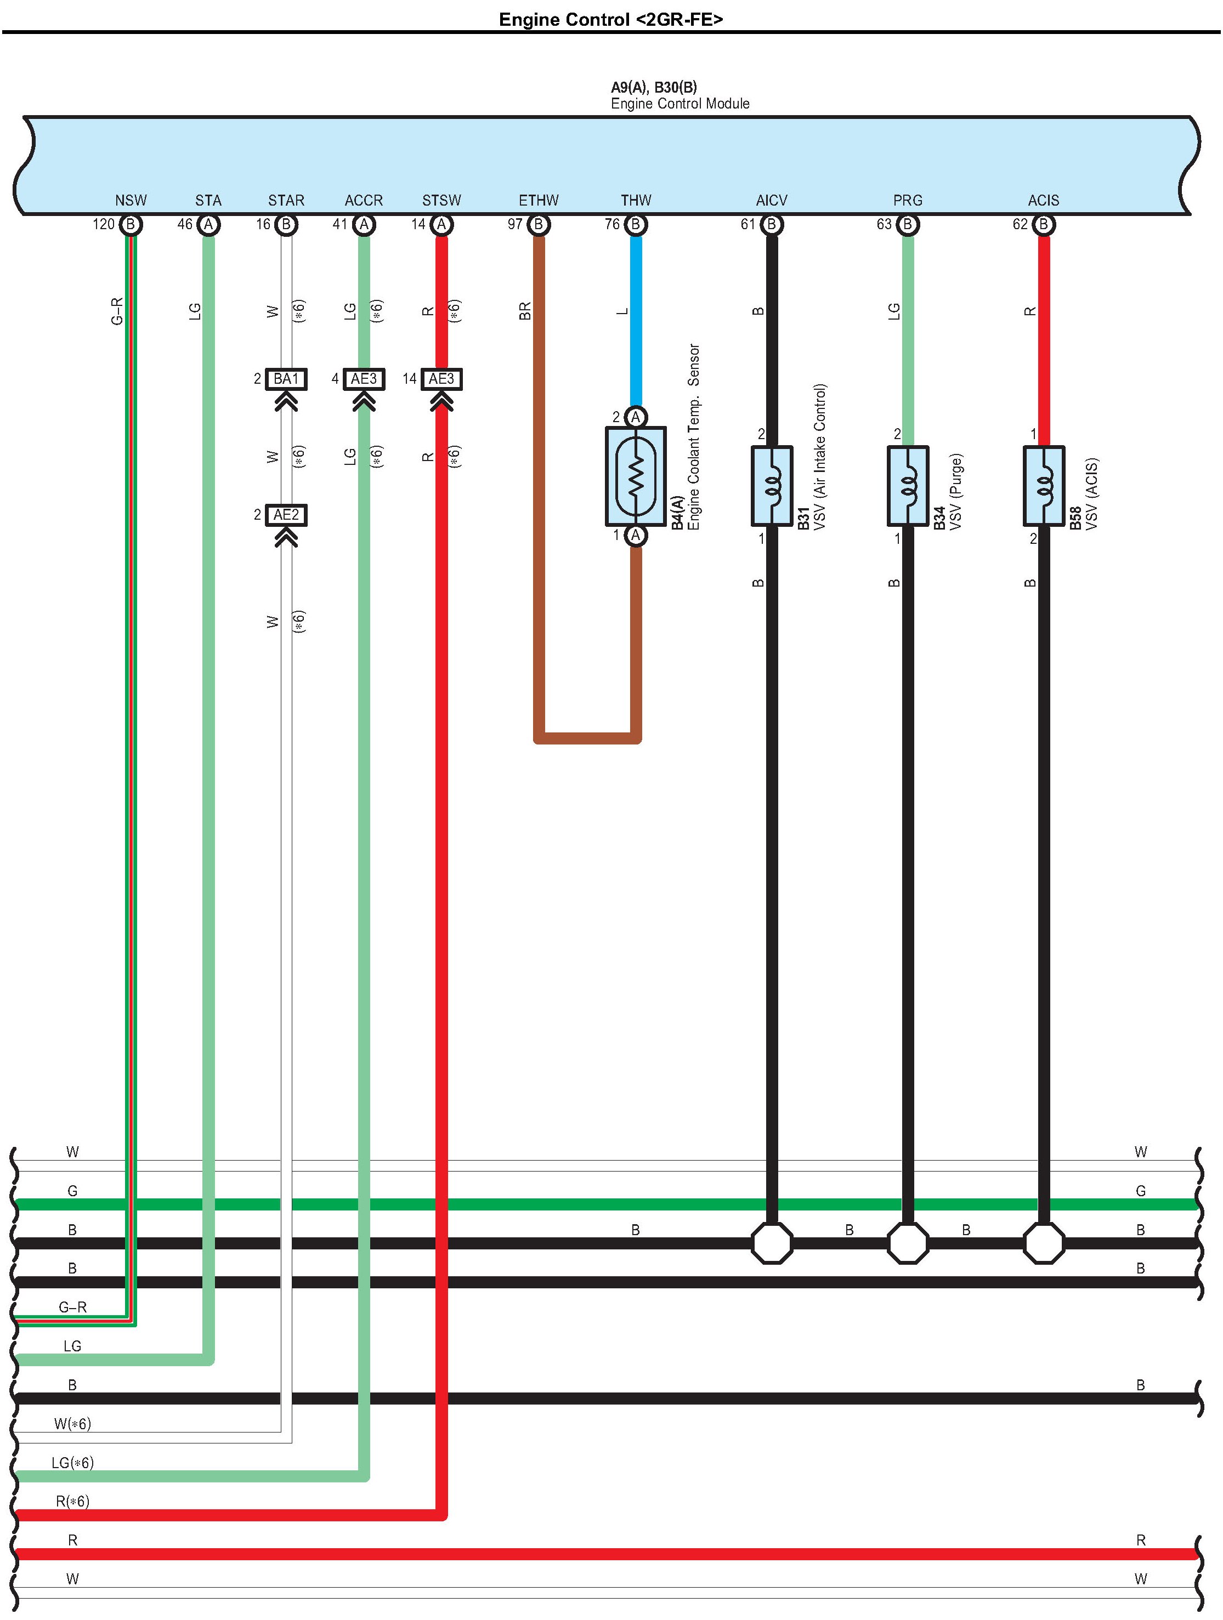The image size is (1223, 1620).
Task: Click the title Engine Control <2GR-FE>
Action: pos(610,19)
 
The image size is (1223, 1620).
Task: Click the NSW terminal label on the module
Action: pos(131,200)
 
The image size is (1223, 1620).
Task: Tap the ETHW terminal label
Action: pos(538,200)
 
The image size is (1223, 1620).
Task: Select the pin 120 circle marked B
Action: pos(131,224)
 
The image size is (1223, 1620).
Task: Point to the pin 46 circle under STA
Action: pos(208,224)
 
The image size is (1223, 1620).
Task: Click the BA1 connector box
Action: pos(286,379)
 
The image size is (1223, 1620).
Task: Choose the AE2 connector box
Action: pos(286,515)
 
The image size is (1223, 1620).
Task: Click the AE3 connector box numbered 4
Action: pos(364,379)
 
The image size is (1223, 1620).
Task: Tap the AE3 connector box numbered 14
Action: pos(441,379)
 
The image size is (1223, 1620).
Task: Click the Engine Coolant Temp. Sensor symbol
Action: pos(635,476)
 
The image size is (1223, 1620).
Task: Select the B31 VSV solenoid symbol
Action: pos(772,486)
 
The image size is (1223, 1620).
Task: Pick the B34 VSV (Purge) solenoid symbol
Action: pos(907,486)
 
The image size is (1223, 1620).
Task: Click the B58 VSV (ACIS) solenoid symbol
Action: pos(1044,486)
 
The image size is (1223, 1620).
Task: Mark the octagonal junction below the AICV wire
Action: pos(772,1243)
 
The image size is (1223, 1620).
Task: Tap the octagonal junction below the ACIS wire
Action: pos(1044,1243)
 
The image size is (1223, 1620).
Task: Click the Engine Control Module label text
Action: pos(680,103)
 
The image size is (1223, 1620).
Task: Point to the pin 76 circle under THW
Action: pos(635,224)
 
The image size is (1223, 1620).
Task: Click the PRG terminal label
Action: pos(907,200)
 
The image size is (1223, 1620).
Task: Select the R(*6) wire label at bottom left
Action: pos(72,1502)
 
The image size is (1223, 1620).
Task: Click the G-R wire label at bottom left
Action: pos(72,1306)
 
